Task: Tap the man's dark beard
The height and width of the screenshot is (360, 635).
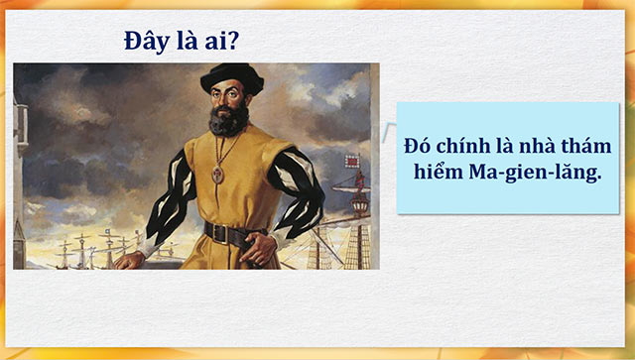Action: [x=229, y=120]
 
